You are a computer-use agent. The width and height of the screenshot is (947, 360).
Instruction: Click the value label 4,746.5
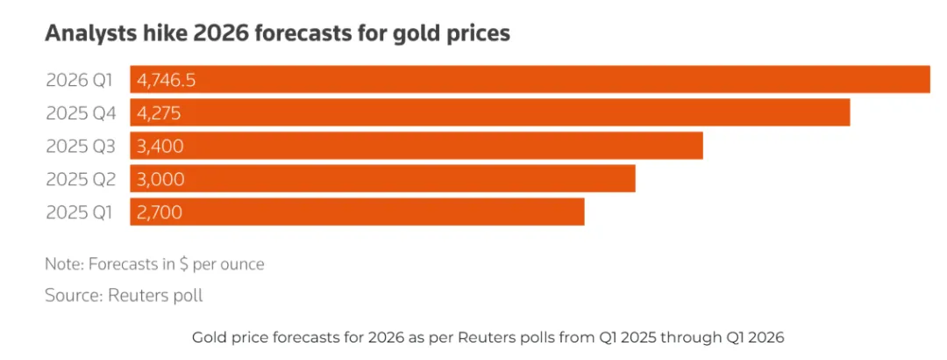point(167,81)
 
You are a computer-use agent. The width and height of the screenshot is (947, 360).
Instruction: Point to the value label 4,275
point(159,113)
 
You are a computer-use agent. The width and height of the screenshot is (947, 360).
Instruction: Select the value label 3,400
point(160,146)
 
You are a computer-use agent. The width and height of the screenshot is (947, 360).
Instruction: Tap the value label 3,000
point(160,179)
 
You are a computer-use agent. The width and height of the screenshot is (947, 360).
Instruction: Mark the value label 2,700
point(160,212)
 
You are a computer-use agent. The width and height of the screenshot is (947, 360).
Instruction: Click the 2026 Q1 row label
point(80,80)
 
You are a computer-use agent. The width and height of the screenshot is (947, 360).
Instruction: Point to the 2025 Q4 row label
point(80,113)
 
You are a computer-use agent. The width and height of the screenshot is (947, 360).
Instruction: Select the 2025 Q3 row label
point(80,146)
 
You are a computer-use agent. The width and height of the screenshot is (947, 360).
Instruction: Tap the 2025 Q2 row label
point(80,179)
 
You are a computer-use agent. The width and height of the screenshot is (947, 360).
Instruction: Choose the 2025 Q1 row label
point(80,212)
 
